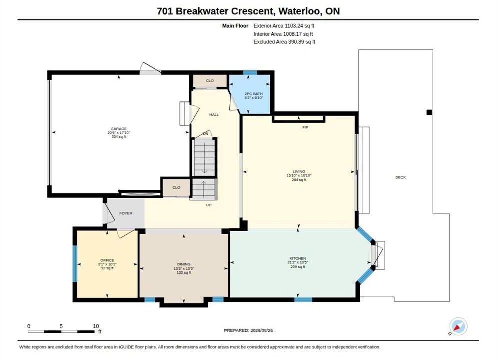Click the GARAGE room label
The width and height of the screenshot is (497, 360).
(x=119, y=129)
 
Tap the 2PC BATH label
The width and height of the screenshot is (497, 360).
(x=254, y=94)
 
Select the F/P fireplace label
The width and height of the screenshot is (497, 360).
(x=305, y=127)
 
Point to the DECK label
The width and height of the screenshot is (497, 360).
(x=400, y=177)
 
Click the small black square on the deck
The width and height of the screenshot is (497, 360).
(x=429, y=112)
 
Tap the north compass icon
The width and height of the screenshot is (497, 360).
(x=458, y=326)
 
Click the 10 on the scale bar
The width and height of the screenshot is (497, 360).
(x=96, y=326)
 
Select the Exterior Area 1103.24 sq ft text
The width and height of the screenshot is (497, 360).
(x=284, y=26)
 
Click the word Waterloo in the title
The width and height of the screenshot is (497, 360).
(x=300, y=11)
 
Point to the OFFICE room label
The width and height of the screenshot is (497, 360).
(x=107, y=260)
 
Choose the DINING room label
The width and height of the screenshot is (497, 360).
(x=184, y=264)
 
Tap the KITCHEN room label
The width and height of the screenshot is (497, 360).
(x=298, y=258)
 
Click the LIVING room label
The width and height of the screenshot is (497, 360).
(x=299, y=172)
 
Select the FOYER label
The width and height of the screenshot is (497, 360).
(x=126, y=213)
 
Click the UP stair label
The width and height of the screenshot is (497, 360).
(x=209, y=205)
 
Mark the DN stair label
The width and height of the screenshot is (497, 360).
(x=205, y=133)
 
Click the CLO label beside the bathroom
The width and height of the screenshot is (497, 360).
(x=210, y=81)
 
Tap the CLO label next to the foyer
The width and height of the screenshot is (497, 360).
(x=176, y=187)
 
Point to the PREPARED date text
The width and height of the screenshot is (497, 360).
(x=248, y=330)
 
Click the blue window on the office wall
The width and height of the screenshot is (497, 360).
(x=75, y=263)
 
